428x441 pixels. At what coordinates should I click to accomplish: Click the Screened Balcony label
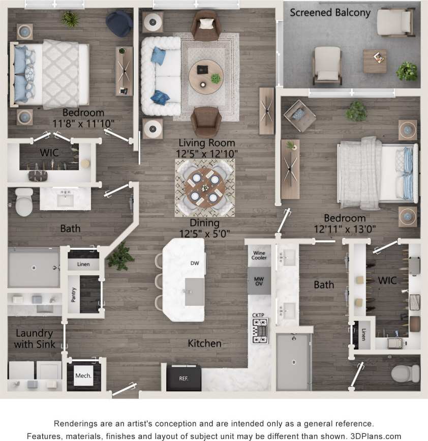pyautogui.click(x=330, y=12)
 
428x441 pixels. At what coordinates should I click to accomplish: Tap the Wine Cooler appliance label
pyautogui.click(x=259, y=255)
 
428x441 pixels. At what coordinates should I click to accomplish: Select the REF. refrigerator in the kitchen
pyautogui.click(x=184, y=378)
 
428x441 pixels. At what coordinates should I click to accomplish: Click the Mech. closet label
pyautogui.click(x=83, y=376)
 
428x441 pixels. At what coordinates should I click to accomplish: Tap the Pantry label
pyautogui.click(x=73, y=295)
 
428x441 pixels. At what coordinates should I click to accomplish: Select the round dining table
pyautogui.click(x=205, y=187)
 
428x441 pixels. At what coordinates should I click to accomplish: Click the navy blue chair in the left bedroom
pyautogui.click(x=119, y=24)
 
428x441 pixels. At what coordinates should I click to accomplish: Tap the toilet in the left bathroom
pyautogui.click(x=24, y=201)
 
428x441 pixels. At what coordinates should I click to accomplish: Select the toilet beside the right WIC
pyautogui.click(x=405, y=373)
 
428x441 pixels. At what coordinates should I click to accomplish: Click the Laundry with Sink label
pyautogui.click(x=34, y=338)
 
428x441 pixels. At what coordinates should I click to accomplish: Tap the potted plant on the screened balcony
pyautogui.click(x=407, y=71)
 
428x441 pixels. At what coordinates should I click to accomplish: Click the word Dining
pyautogui.click(x=205, y=223)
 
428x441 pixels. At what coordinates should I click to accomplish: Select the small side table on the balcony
pyautogui.click(x=375, y=61)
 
